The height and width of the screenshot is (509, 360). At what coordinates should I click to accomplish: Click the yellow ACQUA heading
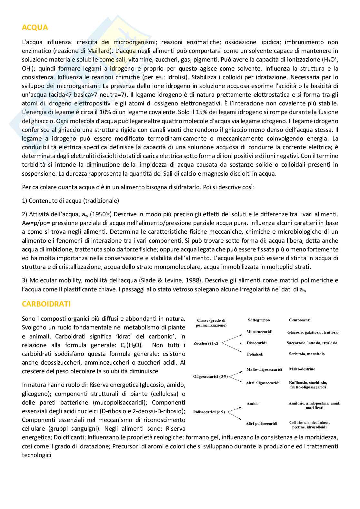click(35, 27)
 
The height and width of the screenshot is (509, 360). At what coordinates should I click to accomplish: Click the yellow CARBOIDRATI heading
click(46, 304)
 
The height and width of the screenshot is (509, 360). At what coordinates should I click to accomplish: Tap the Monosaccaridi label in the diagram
click(259, 332)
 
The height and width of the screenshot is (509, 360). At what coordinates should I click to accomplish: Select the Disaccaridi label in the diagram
click(257, 343)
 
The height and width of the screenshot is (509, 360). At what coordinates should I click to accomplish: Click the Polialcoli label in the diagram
click(255, 354)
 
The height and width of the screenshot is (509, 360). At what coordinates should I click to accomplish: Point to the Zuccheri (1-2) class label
click(206, 343)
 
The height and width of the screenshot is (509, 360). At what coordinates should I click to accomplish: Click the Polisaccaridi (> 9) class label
click(209, 412)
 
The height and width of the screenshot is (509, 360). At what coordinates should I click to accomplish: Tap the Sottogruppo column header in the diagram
click(259, 320)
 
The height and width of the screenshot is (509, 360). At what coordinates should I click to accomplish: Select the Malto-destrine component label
click(302, 369)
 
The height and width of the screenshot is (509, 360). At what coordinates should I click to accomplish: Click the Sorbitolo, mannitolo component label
click(307, 354)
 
